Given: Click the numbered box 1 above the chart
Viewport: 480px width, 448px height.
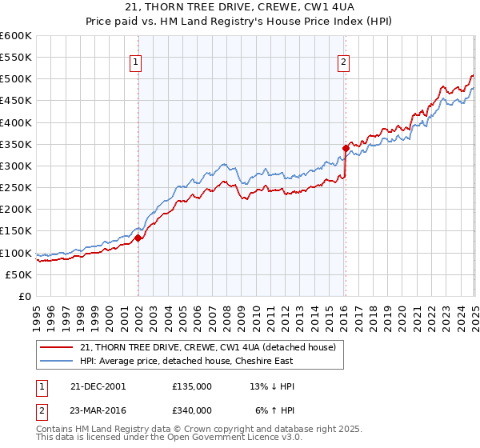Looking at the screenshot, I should (135, 62).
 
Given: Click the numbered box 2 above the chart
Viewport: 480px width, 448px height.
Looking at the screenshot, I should (343, 62).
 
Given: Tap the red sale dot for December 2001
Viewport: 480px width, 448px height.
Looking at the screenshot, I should (138, 238).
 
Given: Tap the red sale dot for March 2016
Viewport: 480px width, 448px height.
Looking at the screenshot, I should (346, 148).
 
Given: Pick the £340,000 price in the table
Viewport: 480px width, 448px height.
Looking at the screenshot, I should (192, 410).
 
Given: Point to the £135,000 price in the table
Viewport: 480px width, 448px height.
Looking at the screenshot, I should (192, 386).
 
